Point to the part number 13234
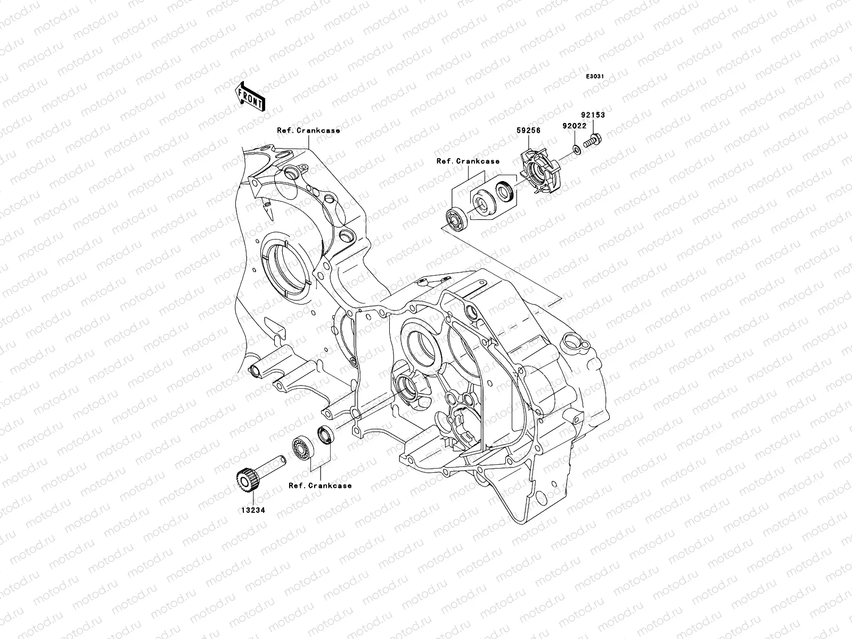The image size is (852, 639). pyautogui.click(x=251, y=510)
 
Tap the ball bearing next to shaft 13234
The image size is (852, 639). pyautogui.click(x=304, y=446)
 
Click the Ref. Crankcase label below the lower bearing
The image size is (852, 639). pyautogui.click(x=320, y=486)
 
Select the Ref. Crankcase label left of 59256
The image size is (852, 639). pyautogui.click(x=468, y=161)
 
